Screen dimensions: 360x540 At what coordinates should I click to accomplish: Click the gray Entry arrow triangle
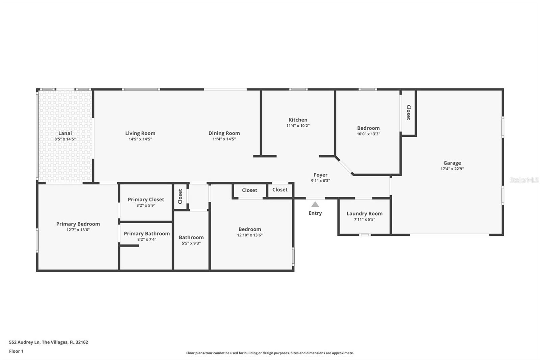(315, 205)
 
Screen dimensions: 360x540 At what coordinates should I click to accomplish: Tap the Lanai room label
(65, 133)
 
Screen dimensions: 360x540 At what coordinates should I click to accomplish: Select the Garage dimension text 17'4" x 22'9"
(452, 169)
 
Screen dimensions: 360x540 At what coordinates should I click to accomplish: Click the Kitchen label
(298, 120)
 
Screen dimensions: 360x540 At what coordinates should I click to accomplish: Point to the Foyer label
(320, 175)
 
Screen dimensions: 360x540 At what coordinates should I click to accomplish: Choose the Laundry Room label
(364, 213)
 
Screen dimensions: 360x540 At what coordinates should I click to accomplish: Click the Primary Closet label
(146, 200)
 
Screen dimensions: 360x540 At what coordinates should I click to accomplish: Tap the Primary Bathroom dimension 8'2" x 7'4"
(146, 239)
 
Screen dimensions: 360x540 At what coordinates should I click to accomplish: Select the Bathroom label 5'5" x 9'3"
(191, 238)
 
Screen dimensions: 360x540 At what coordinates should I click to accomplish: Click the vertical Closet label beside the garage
(408, 112)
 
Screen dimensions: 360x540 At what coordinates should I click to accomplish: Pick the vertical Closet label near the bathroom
(180, 196)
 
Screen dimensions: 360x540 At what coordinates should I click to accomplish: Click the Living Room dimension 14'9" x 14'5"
(140, 139)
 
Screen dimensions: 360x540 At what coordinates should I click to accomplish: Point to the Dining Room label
(224, 133)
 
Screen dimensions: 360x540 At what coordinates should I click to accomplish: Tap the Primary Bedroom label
(78, 224)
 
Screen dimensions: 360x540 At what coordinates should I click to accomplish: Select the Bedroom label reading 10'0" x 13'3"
(368, 128)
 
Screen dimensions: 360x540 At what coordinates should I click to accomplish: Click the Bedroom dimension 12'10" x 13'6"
(249, 235)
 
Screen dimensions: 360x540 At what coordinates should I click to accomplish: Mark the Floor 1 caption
(16, 351)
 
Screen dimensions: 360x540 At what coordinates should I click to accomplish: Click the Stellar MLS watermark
(524, 180)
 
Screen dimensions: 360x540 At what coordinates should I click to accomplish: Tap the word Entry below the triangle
(315, 213)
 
